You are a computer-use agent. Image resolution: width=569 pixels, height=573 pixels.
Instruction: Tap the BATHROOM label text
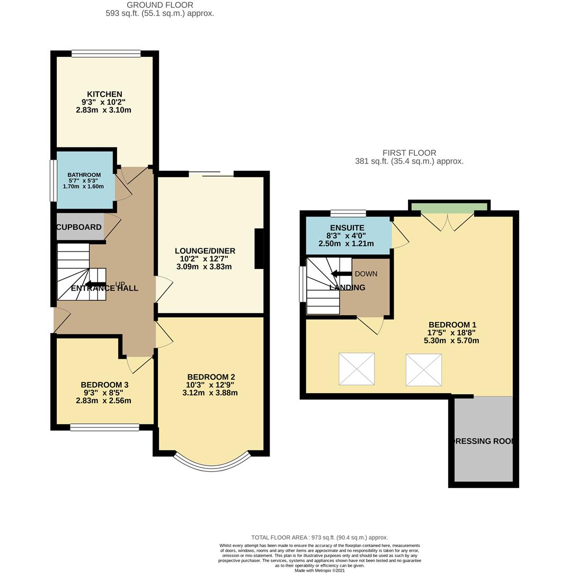click(x=84, y=175)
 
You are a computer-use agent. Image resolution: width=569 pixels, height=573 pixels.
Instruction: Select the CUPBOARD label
click(x=79, y=227)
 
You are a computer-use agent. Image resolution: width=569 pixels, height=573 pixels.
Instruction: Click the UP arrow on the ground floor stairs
click(x=95, y=284)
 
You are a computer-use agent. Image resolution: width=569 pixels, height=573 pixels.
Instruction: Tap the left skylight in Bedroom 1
click(x=357, y=369)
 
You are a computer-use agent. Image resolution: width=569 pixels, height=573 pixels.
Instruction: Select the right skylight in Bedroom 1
click(x=423, y=369)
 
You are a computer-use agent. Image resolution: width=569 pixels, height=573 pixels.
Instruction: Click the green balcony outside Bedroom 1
click(x=449, y=206)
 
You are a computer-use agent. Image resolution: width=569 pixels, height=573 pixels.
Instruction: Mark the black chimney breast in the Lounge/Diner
click(x=259, y=249)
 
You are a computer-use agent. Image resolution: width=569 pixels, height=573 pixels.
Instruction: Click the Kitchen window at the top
click(x=106, y=53)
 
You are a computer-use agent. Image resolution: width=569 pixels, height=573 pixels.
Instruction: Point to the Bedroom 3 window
click(x=104, y=427)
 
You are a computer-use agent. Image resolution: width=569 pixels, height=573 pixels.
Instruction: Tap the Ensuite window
click(x=348, y=214)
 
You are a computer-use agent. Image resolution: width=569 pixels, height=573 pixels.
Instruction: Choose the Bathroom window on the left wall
click(x=53, y=181)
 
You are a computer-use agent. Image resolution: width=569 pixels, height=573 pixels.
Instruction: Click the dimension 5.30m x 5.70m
click(x=451, y=341)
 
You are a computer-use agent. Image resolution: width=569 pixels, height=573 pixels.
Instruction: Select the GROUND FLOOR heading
click(x=159, y=5)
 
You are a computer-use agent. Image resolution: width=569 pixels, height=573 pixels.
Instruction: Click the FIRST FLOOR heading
click(x=409, y=153)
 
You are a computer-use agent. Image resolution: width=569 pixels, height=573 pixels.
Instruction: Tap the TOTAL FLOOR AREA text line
click(x=319, y=537)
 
